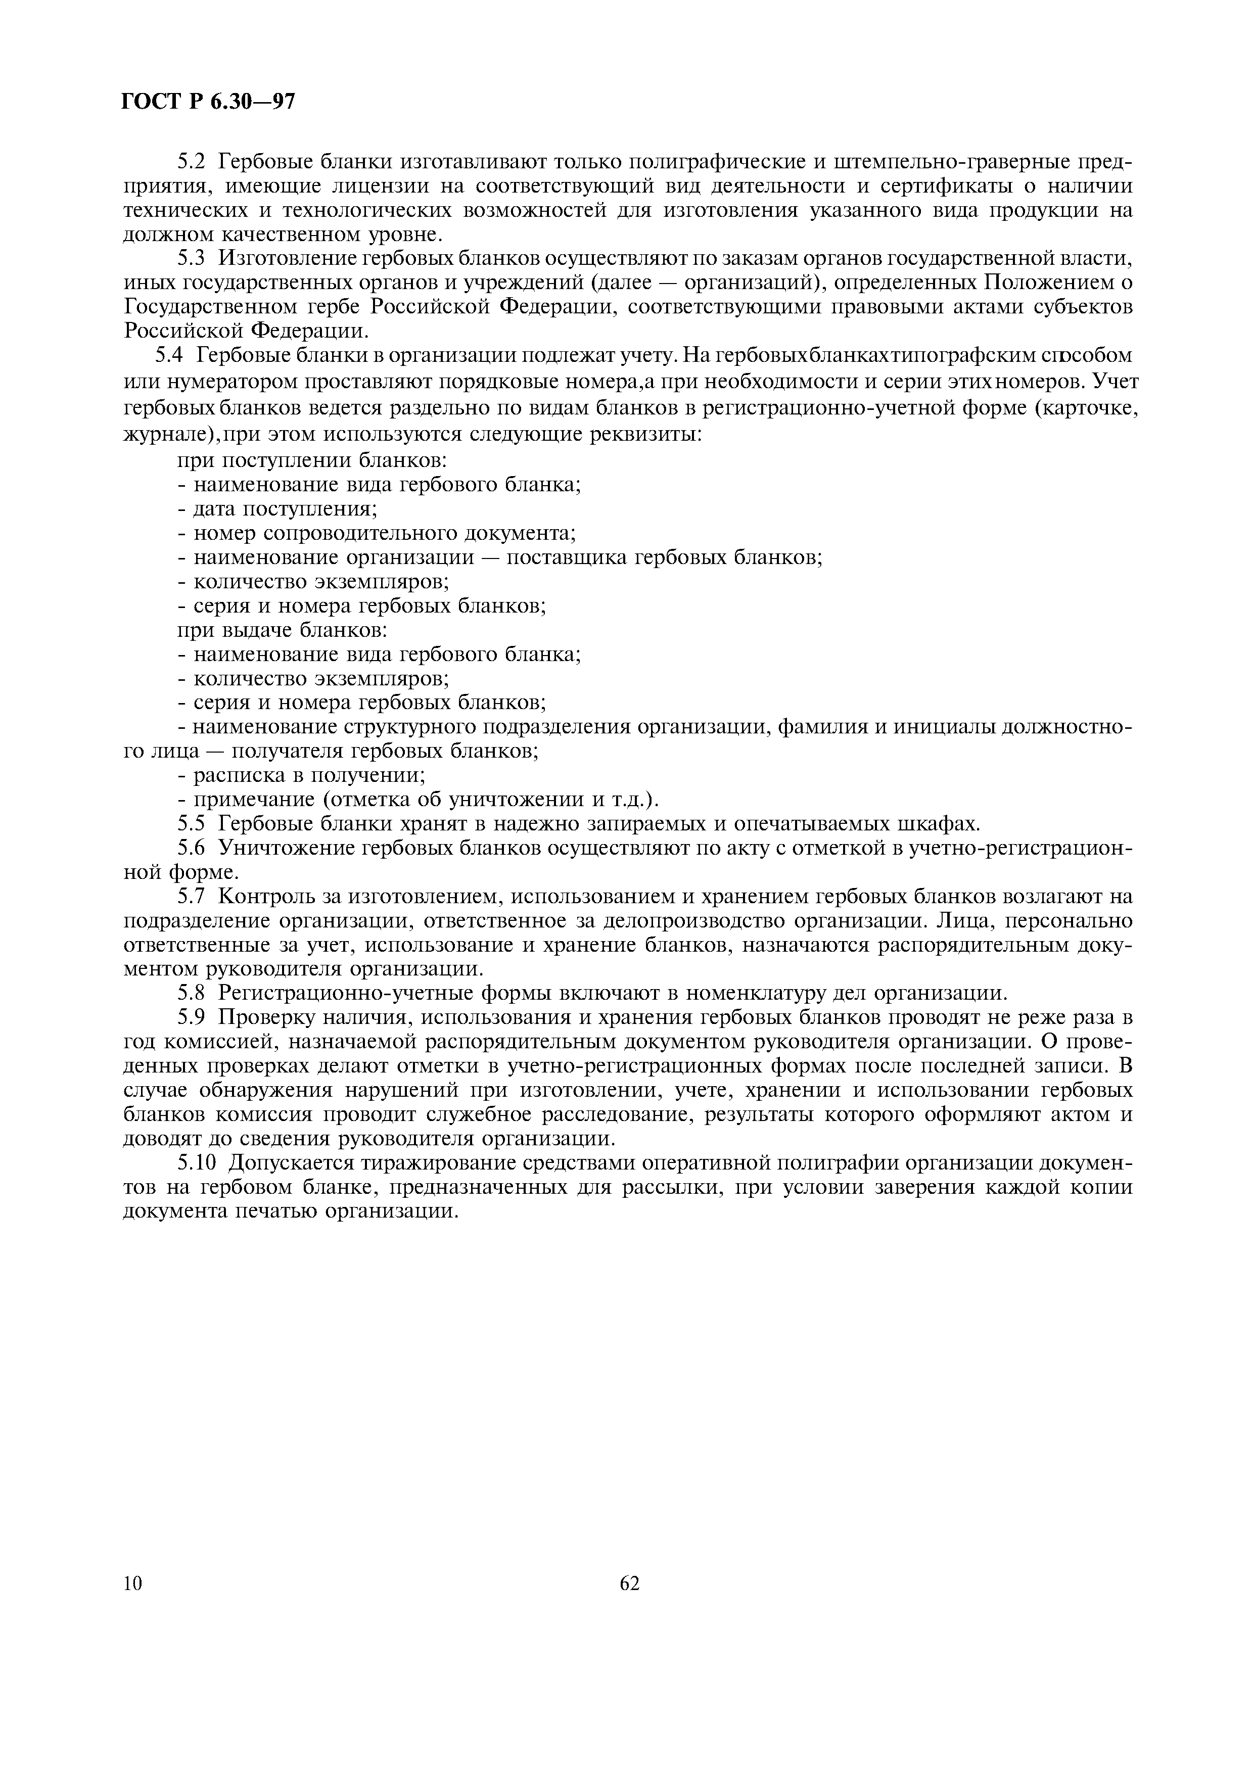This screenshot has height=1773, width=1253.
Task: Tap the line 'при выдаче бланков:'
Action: [282, 630]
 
